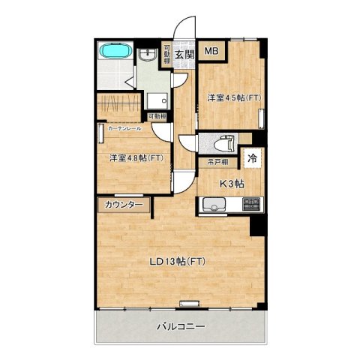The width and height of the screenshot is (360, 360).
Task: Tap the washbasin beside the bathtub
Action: pos(147,53)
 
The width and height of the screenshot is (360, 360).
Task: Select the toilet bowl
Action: pos(223,143)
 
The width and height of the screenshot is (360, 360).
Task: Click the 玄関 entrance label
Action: pos(184,54)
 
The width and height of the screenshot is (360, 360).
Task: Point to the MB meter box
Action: pos(211,52)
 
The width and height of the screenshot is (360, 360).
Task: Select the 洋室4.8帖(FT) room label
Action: pos(136,158)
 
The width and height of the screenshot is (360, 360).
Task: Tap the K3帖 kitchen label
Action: pos(230,183)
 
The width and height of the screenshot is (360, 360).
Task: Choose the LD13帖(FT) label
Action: pos(178,261)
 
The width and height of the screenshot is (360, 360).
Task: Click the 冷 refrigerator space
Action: pos(253,158)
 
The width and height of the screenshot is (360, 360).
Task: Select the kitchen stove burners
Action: pos(251,203)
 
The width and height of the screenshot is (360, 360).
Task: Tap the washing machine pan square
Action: pos(156,101)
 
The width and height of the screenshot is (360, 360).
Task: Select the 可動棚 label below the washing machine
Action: pos(157,117)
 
